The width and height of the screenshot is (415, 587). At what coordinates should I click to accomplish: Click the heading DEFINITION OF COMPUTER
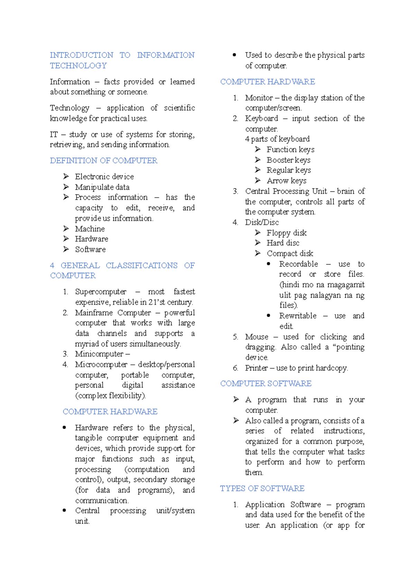click(x=103, y=161)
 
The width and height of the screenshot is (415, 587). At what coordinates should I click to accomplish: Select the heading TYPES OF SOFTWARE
click(x=262, y=488)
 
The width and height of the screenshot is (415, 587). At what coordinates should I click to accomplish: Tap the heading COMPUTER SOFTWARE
click(x=266, y=383)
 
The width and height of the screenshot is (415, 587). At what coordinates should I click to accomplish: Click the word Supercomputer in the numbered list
click(x=101, y=292)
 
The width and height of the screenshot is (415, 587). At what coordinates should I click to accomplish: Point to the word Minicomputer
click(x=99, y=354)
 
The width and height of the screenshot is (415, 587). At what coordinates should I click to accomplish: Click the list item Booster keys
click(x=288, y=160)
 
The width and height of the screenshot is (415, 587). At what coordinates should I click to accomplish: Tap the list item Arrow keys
click(x=286, y=181)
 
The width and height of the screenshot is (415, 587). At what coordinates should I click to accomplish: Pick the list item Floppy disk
click(x=286, y=233)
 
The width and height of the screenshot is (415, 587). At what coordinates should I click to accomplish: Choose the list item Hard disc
click(x=283, y=243)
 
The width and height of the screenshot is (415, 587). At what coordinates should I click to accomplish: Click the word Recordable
click(x=298, y=264)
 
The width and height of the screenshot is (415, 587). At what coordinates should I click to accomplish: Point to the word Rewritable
click(x=298, y=316)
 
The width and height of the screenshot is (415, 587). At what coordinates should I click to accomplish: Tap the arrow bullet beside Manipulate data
click(x=66, y=187)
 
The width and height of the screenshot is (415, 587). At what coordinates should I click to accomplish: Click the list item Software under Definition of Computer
click(x=90, y=250)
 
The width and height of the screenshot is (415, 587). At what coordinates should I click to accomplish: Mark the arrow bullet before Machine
click(x=66, y=228)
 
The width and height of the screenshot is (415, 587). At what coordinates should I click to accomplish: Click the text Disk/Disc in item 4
click(x=262, y=222)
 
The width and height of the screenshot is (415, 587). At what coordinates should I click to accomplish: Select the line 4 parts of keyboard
click(x=277, y=139)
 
